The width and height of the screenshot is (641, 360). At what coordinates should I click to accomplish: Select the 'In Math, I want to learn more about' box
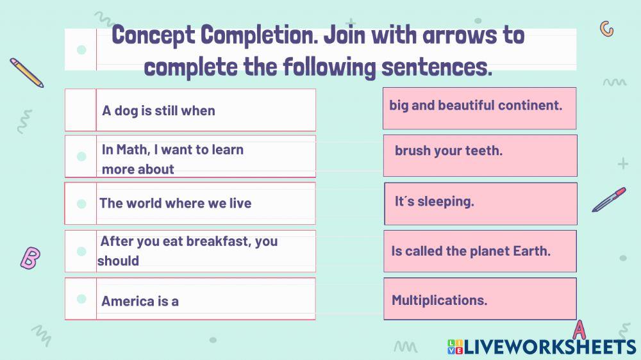[x=190, y=156]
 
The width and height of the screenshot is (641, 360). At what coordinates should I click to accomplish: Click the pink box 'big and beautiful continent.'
[x=479, y=108]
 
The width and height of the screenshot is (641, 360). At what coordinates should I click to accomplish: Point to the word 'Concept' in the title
[x=153, y=35]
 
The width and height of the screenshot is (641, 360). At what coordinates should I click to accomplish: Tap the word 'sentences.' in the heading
[x=437, y=67]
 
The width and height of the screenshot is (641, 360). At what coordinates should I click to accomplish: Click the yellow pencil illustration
[x=26, y=72]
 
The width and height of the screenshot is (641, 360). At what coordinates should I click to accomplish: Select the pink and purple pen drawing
[x=609, y=199]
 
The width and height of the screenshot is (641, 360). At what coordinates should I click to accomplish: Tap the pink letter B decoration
[x=30, y=258]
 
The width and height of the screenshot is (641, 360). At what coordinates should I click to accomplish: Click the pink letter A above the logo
[x=579, y=330]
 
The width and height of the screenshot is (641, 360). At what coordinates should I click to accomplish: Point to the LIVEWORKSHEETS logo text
[x=542, y=347]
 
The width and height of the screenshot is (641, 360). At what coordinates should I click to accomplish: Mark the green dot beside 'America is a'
[x=81, y=299]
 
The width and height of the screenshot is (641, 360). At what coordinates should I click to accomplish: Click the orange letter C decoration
[x=606, y=29]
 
